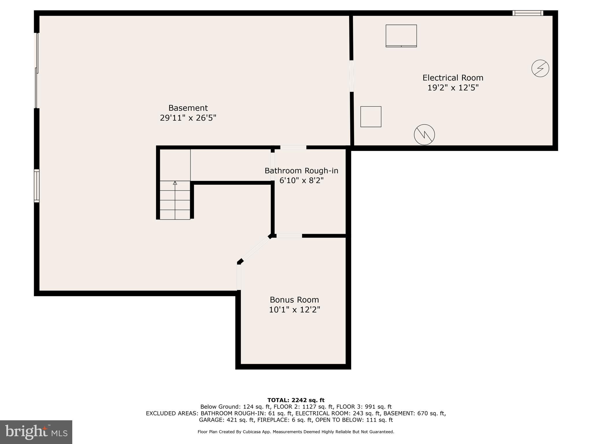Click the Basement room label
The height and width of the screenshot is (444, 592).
(188, 108)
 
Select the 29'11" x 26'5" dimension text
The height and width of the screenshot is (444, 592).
(188, 118)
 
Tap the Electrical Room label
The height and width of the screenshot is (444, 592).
(453, 78)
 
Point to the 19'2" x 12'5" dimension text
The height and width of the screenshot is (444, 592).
(453, 88)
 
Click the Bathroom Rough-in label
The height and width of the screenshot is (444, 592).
(301, 171)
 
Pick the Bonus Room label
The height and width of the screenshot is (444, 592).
(294, 300)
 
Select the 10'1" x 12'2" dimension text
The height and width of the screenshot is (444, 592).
(294, 310)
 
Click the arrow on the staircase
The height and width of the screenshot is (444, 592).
(175, 183)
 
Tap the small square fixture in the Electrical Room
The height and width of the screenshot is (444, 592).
(371, 117)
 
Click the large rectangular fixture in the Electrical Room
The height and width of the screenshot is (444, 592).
(401, 36)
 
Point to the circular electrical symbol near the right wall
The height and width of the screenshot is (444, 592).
(540, 69)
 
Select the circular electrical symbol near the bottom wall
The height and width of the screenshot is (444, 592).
(424, 135)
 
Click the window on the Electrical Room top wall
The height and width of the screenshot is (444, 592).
(528, 13)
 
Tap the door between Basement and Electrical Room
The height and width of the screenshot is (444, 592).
(351, 76)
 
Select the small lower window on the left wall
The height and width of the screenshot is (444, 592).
(37, 186)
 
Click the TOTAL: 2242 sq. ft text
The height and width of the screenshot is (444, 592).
(296, 400)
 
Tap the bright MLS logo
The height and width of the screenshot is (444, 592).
(36, 432)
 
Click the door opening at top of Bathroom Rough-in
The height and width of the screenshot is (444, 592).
(293, 147)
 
